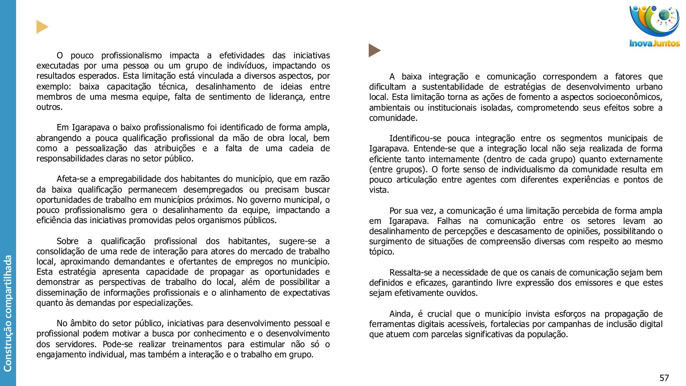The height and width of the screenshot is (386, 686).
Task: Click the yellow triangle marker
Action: coord(42,27)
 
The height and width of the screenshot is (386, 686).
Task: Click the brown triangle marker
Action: coord(374,50)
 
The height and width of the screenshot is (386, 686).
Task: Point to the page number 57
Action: coord(664,378)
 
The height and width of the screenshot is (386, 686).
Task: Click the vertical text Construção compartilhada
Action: coord(8,313)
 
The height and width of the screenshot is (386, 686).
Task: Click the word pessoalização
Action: coord(101,148)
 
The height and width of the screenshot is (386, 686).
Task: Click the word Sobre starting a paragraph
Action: coord(68,241)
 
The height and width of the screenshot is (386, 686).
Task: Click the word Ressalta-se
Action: coord(411,273)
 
